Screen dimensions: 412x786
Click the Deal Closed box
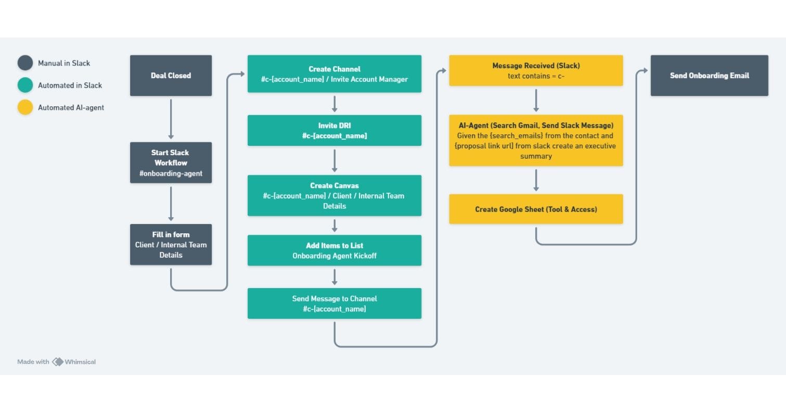coord(171,76)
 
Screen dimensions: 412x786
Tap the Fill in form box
coord(171,244)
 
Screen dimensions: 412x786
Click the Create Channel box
coord(334,74)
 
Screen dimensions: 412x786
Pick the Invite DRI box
coord(334,130)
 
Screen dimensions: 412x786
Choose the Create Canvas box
coord(334,195)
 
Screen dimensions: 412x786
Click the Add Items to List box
coord(334,250)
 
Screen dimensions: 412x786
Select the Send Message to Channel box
coord(334,303)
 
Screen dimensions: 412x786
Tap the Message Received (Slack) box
coord(536,70)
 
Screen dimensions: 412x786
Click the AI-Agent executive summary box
coord(536,141)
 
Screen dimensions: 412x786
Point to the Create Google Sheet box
coord(536,209)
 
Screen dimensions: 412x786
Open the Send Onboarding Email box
coord(709,76)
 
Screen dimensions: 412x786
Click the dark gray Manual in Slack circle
coord(25,63)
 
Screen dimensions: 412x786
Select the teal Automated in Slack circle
coord(25,85)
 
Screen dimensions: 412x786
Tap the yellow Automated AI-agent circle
coord(25,107)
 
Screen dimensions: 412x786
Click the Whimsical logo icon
coord(57,361)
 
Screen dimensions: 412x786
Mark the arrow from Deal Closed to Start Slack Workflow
coord(171,119)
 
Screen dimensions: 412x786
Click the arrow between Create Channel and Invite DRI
coord(334,104)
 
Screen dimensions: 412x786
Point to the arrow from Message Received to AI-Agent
coord(536,100)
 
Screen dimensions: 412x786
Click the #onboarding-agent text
coord(171,173)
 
